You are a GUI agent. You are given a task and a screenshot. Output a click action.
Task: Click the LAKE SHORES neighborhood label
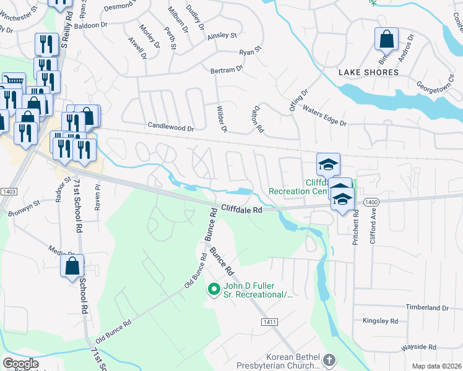tap(368, 72)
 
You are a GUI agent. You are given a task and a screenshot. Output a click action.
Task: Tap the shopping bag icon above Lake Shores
tap(386, 39)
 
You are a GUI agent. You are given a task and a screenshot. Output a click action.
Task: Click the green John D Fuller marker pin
tap(214, 289)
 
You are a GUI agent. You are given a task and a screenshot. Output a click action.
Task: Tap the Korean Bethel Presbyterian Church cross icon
tap(329, 359)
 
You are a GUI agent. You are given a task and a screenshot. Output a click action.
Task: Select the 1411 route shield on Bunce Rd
tap(269, 322)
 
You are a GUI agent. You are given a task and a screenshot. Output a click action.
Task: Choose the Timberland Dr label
tap(426, 307)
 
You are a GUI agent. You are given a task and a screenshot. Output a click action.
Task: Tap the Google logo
tap(20, 363)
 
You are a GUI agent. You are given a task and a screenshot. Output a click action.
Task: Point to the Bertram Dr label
tap(227, 70)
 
